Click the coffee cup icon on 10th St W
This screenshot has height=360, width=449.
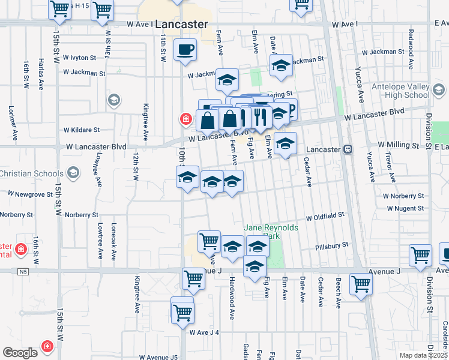coord(185,49)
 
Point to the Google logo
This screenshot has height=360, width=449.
coord(20,353)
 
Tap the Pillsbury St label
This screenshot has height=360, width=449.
coord(332,246)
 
